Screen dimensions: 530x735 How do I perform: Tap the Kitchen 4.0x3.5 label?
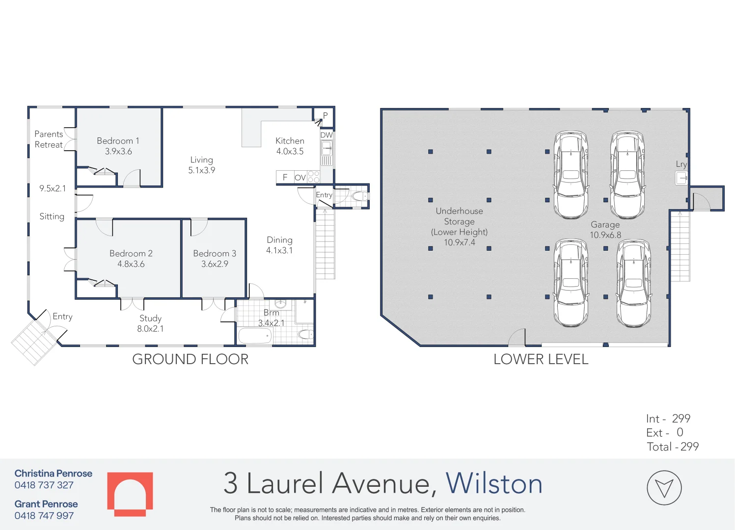click(290, 146)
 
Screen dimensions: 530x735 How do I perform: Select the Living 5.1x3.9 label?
click(201, 165)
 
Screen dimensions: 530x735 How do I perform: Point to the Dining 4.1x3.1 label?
click(279, 245)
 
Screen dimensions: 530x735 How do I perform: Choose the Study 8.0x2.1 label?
click(150, 323)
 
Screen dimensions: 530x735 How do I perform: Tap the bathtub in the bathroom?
click(255, 336)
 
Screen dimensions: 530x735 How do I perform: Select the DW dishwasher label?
click(327, 135)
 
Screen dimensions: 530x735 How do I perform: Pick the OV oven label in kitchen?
click(300, 178)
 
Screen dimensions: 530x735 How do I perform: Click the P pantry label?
click(325, 116)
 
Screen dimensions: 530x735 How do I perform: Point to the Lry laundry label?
click(681, 164)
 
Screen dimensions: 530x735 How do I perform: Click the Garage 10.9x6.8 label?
click(605, 230)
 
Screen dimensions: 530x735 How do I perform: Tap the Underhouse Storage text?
click(459, 216)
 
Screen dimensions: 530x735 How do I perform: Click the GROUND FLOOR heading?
click(191, 359)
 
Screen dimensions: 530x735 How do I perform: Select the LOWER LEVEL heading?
click(541, 359)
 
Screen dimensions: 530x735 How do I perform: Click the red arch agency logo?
click(130, 494)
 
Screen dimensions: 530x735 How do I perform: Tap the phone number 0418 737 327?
click(44, 485)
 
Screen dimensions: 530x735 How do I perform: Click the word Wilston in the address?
click(494, 483)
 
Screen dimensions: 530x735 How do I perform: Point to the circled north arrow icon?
click(664, 488)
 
